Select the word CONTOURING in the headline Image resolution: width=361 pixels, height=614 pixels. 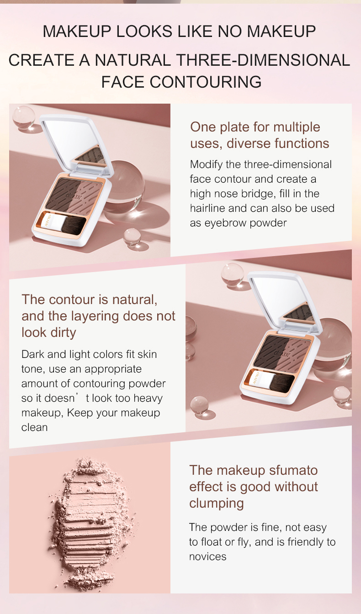pyautogui.click(x=206, y=82)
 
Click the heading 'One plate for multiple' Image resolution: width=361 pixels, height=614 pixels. pyautogui.click(x=255, y=127)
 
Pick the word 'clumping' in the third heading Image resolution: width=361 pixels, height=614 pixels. pyautogui.click(x=216, y=503)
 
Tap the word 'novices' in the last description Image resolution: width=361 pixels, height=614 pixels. pyautogui.click(x=207, y=556)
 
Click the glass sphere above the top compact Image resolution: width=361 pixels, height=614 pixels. pyautogui.click(x=24, y=116)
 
